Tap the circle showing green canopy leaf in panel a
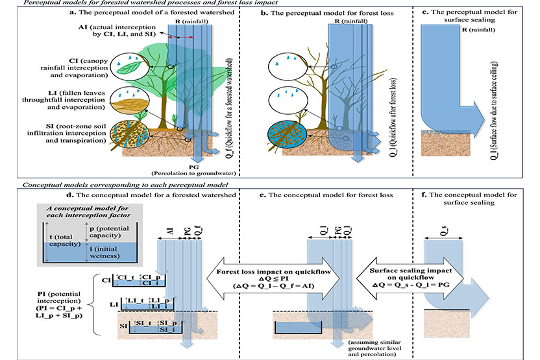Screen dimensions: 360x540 pyautogui.click(x=128, y=64)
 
